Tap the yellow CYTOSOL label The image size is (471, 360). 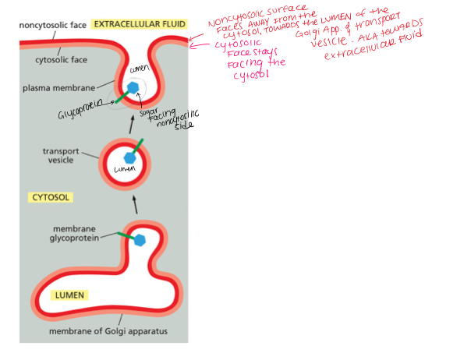tap(51, 197)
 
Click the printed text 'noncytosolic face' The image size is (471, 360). tap(52, 25)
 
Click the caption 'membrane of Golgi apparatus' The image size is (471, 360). tap(108, 332)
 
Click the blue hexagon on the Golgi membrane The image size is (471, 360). tap(140, 240)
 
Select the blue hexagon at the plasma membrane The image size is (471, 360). tap(133, 87)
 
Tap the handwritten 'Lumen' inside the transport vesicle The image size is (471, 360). tap(124, 168)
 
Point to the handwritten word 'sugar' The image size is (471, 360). tap(149, 111)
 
